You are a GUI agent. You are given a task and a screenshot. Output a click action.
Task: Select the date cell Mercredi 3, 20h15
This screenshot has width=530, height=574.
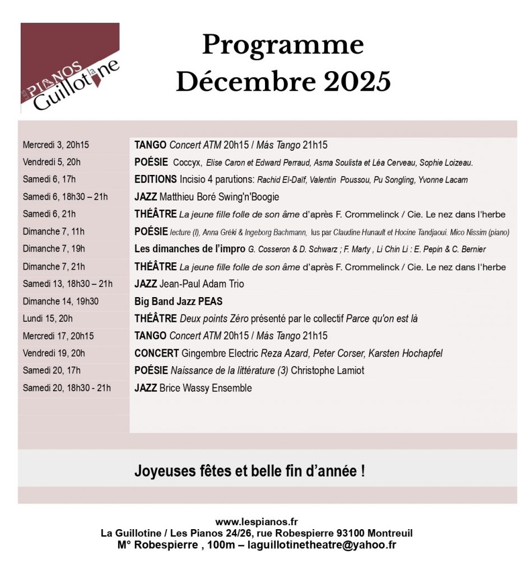click(x=56, y=145)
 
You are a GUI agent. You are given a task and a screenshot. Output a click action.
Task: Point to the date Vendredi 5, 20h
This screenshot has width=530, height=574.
click(x=52, y=163)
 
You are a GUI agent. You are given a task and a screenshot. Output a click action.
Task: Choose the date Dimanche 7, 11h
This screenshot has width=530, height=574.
click(x=54, y=232)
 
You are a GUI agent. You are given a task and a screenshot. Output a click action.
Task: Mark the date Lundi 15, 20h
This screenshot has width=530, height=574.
click(x=48, y=319)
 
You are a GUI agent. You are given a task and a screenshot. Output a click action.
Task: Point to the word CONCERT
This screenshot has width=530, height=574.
click(x=157, y=354)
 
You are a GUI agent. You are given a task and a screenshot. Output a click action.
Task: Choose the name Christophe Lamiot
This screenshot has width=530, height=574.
click(x=327, y=371)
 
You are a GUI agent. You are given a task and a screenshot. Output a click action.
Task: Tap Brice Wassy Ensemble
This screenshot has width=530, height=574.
click(x=206, y=388)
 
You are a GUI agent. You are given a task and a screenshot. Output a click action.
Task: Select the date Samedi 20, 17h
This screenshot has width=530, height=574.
click(x=52, y=371)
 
